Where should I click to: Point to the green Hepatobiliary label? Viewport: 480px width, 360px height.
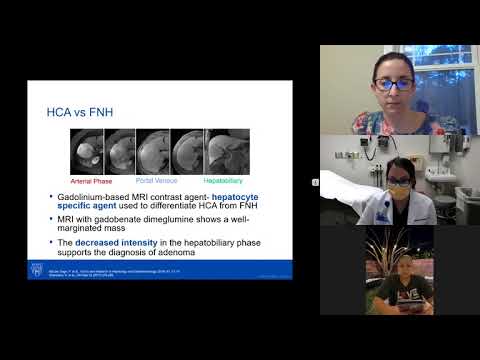[222, 179]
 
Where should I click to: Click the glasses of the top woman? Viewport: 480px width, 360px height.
[392, 84]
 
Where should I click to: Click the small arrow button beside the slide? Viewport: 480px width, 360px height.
[315, 182]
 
